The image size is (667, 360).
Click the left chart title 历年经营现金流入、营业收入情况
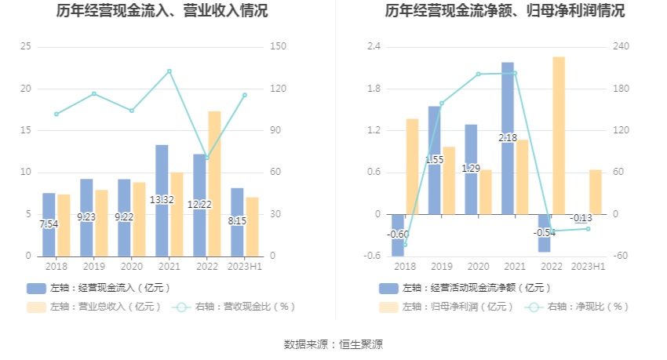(162, 11)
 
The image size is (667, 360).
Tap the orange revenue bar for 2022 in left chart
(214, 184)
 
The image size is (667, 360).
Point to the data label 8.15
(237, 221)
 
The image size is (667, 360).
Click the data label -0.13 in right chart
(582, 218)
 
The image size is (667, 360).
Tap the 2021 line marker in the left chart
(169, 71)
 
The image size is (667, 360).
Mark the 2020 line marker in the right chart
(478, 75)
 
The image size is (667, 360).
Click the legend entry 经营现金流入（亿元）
(98, 288)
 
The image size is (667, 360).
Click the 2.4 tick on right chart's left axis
(374, 47)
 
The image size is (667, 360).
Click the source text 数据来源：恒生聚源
(333, 344)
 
